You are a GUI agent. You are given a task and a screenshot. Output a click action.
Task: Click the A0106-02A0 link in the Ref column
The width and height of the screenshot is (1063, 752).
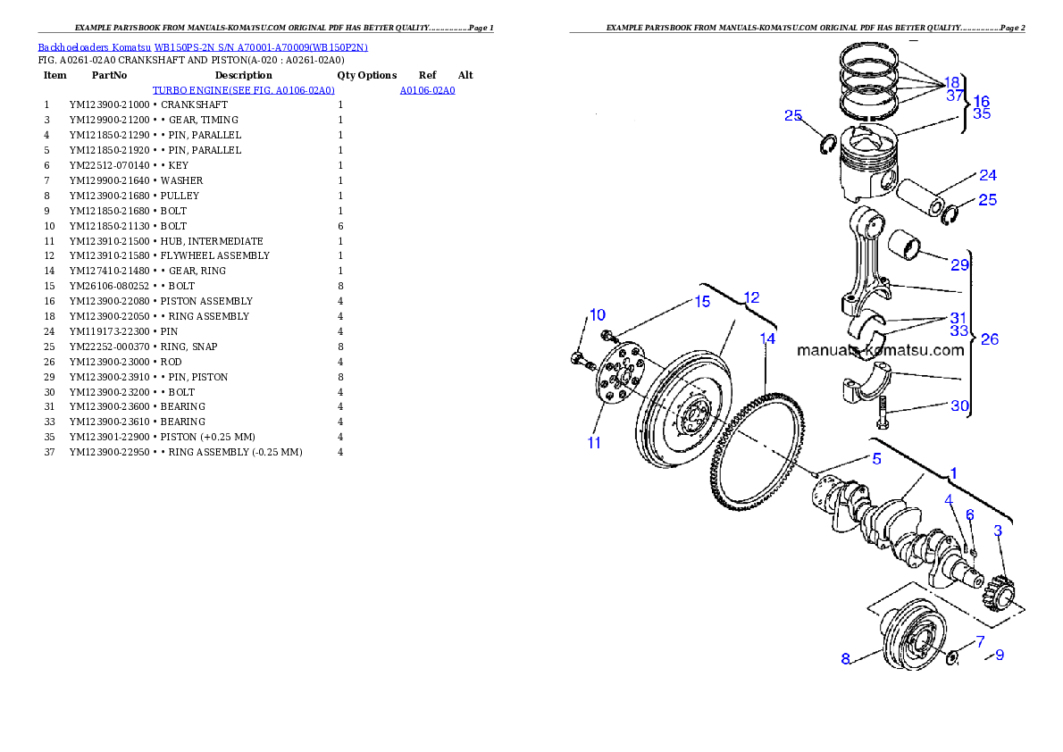point(427,90)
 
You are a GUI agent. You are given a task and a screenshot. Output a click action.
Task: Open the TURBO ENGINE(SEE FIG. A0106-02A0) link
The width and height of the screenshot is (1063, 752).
point(243,90)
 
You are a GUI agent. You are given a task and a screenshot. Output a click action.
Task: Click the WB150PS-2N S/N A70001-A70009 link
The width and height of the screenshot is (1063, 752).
point(261,47)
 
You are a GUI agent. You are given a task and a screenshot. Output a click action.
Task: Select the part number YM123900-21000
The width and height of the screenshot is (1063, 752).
point(109,105)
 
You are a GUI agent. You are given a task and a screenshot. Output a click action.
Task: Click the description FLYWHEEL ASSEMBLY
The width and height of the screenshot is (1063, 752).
point(215,255)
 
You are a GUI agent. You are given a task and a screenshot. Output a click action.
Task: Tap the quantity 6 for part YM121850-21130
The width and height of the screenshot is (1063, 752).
point(340,226)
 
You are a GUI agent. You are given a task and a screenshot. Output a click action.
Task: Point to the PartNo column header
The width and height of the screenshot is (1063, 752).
point(109,75)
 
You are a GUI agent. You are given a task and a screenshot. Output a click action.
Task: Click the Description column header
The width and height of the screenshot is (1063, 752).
point(243,75)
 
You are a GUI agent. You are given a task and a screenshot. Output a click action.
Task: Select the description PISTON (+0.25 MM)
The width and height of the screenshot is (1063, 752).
point(208,437)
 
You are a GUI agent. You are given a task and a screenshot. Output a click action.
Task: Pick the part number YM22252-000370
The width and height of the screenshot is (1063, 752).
point(109,347)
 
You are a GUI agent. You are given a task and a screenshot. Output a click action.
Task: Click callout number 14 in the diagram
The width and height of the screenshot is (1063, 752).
point(767,338)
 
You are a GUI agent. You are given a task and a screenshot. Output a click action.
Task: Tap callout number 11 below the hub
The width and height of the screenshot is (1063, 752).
point(594,443)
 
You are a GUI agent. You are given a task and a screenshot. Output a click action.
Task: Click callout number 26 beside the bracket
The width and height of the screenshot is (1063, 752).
point(990,339)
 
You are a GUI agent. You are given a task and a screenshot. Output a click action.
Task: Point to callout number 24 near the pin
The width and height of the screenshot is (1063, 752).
point(989,175)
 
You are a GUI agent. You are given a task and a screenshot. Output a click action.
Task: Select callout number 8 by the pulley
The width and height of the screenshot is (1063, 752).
point(845,658)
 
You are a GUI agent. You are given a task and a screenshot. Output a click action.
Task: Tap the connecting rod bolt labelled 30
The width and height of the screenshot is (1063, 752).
point(882,412)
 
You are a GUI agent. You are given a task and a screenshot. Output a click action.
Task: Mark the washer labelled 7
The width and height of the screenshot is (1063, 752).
point(952,656)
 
